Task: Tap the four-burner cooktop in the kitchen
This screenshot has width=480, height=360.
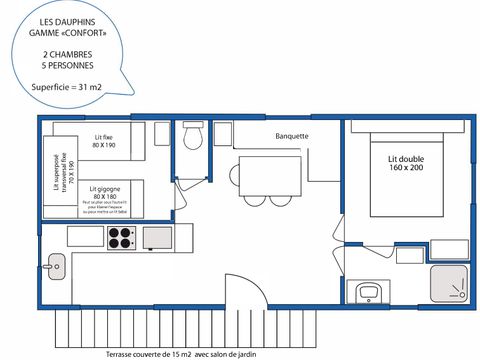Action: click(121, 238)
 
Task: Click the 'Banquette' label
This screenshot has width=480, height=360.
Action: click(291, 136)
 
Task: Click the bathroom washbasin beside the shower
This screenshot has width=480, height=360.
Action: click(368, 291)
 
